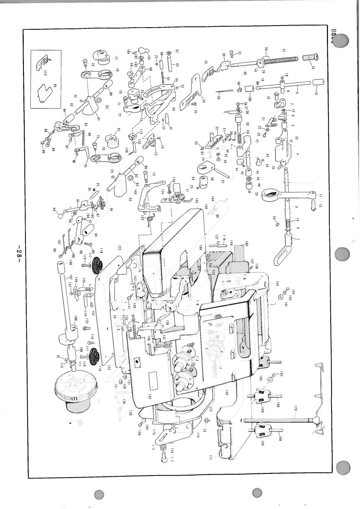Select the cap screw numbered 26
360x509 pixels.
[314, 64]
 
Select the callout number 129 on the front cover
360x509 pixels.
[149, 396]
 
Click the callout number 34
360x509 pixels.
[203, 100]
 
